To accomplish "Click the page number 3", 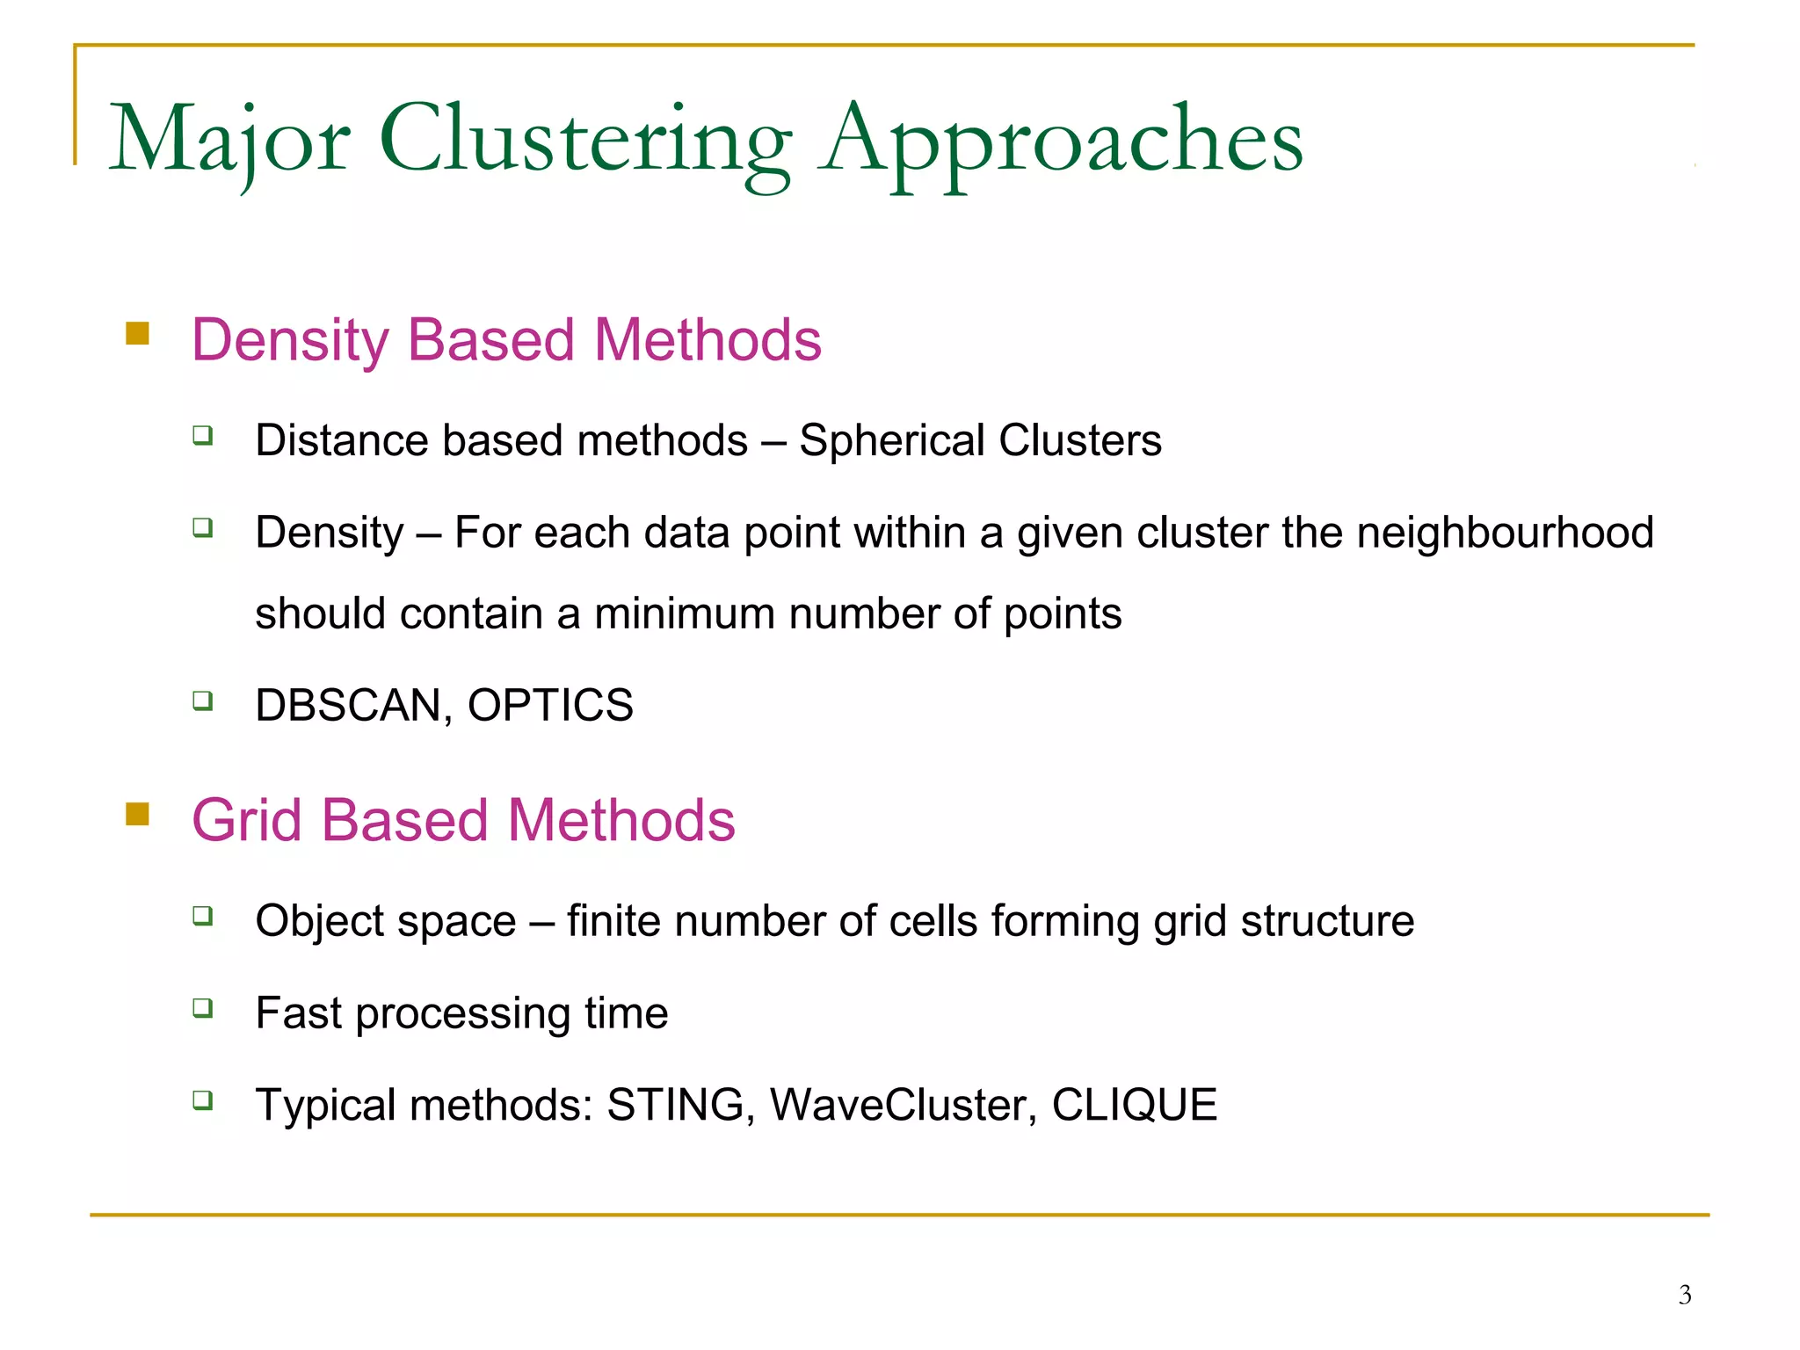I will point(1684,1295).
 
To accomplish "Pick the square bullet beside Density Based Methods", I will point(138,334).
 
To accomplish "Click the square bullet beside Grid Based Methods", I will point(138,814).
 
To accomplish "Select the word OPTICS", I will point(550,705).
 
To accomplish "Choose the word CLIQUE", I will point(1134,1105).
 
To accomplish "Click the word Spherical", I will point(891,440).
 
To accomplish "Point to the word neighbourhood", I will point(1505,533).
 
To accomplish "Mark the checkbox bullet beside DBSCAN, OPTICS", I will point(203,700).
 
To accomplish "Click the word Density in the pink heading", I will point(289,340).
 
